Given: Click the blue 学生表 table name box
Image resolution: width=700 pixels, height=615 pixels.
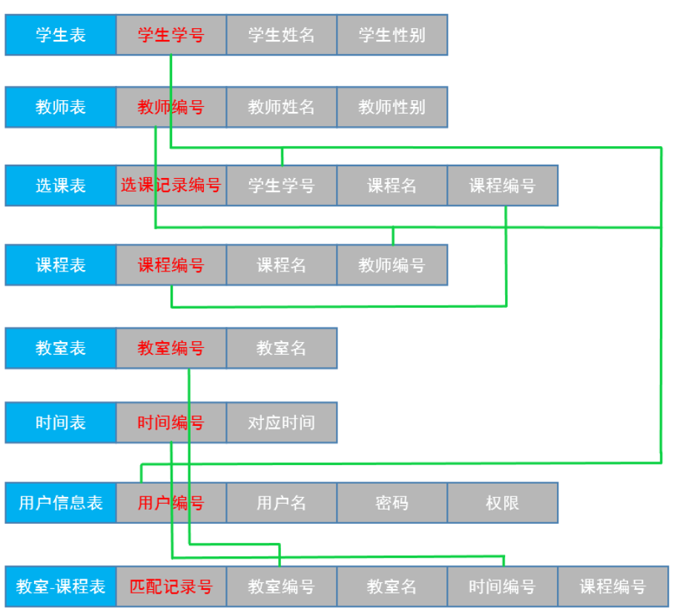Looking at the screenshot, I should [61, 35].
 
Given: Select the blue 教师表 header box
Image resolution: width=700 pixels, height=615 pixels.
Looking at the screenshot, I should [61, 107].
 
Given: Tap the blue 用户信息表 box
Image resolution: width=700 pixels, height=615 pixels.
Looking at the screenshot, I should [61, 503].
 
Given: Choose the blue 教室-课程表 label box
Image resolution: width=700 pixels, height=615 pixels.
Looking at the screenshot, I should [61, 587].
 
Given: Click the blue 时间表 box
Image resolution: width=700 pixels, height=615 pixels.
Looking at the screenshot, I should [61, 423].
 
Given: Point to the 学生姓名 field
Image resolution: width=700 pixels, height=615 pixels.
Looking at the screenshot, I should [282, 35].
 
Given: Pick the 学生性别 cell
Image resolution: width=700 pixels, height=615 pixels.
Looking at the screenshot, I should [392, 35].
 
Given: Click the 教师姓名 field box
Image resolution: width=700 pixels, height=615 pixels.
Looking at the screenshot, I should [282, 107].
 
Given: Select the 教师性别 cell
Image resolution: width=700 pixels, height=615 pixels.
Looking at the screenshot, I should [392, 107].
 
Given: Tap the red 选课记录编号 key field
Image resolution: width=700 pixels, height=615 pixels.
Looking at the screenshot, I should [171, 185].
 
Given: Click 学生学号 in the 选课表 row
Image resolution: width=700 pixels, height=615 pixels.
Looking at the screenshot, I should [282, 185].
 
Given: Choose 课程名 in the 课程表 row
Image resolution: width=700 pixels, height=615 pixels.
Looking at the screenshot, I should [282, 265].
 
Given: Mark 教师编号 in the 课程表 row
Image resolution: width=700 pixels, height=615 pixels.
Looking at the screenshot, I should [392, 265].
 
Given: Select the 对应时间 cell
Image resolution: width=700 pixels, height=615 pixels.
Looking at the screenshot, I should [282, 423].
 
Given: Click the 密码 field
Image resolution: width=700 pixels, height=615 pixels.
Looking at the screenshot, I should [392, 503].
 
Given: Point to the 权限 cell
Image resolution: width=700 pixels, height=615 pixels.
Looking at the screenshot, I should [503, 503].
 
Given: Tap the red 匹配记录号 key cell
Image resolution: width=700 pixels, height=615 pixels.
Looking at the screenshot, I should [171, 587].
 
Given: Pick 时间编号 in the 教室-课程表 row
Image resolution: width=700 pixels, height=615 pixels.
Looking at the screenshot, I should [503, 587].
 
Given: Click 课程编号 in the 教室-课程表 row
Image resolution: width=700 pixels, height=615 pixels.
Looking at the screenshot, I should [612, 587].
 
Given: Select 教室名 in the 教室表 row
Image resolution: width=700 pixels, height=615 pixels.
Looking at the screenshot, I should [282, 348].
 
